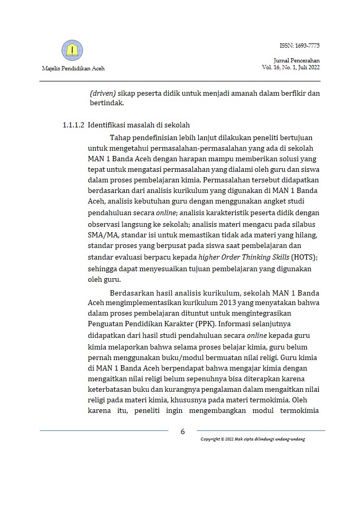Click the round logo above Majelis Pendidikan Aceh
coord(72,50)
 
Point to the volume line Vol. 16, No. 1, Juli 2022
coord(291,68)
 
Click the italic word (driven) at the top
coord(101,94)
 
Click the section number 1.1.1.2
coord(73,126)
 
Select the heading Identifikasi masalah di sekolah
coord(139,126)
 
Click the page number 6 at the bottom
coord(182,431)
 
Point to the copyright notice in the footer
coord(253,440)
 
